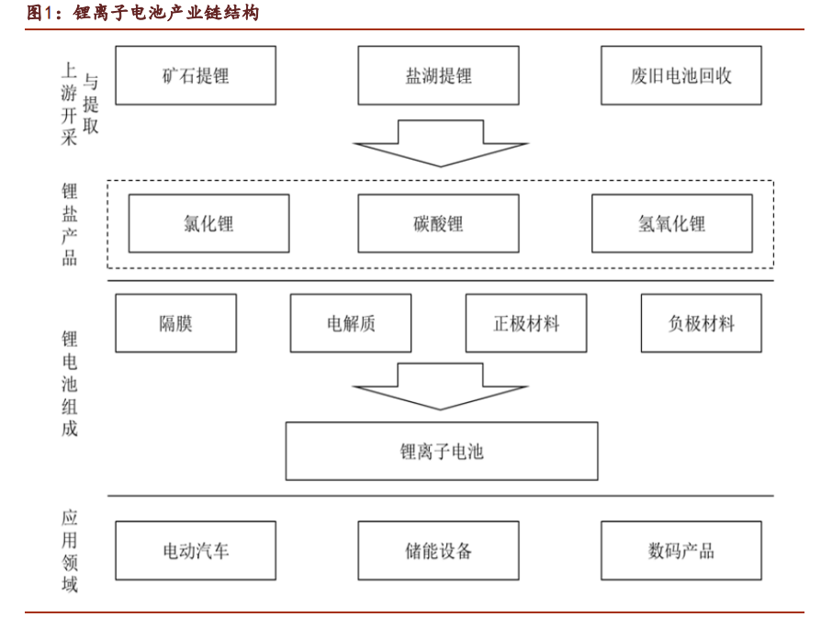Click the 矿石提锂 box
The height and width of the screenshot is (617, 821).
196,75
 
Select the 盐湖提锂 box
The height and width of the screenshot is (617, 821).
438,75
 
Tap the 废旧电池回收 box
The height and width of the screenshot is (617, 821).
680,75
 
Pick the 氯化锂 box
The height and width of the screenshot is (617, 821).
208,223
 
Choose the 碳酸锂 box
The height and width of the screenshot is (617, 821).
438,223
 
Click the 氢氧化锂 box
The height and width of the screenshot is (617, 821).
671,223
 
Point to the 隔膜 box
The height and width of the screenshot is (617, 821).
175,323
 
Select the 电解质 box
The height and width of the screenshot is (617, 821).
351,323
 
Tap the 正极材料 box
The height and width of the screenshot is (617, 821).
526,323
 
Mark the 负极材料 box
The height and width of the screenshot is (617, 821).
701,323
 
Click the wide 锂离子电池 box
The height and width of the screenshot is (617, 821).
442,451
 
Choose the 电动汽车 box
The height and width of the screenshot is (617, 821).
196,551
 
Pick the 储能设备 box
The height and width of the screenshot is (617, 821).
438,551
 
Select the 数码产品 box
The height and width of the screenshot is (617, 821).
680,551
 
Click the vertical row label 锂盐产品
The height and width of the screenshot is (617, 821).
70,224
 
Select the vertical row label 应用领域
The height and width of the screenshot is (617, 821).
70,551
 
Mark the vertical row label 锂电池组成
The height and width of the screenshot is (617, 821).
70,385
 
